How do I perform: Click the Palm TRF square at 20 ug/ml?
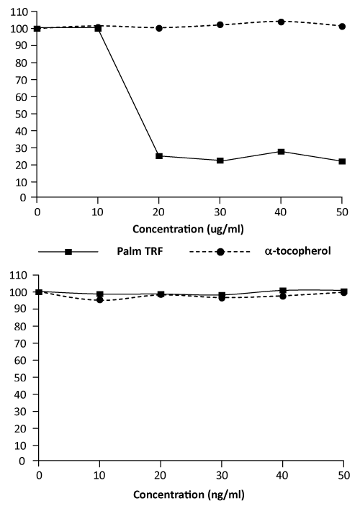159,156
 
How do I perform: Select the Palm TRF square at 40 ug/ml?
281,152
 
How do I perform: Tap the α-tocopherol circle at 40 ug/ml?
281,22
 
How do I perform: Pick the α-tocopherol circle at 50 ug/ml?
342,27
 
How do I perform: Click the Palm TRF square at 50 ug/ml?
342,161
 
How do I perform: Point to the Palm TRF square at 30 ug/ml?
220,161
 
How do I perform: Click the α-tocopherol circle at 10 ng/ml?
100,300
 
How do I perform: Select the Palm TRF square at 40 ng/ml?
283,291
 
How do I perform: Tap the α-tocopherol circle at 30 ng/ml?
222,298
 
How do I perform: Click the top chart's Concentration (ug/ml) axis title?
188,229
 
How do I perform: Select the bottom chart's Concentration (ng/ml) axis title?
189,494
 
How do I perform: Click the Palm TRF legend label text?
140,251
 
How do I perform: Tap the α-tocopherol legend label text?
297,250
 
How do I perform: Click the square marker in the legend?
68,252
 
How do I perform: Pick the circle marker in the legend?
220,252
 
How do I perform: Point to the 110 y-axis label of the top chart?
19,12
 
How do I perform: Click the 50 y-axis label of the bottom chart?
21,378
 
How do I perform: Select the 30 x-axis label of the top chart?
220,212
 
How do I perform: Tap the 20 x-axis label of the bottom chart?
161,476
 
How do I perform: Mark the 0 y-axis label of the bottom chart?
22,461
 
